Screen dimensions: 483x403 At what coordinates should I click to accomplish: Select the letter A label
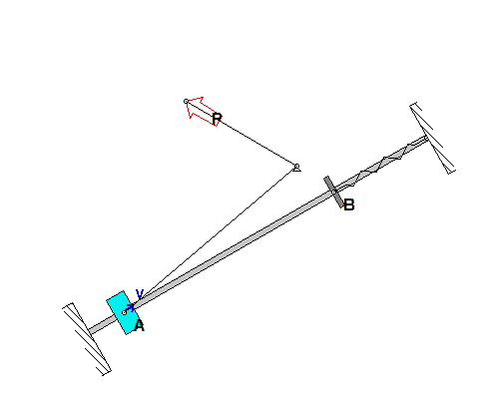click(140, 326)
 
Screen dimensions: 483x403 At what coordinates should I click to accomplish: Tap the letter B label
click(349, 204)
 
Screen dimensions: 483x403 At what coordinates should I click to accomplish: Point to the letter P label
click(217, 119)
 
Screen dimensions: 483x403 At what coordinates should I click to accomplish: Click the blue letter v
click(140, 294)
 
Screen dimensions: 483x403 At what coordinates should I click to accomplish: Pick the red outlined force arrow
click(202, 111)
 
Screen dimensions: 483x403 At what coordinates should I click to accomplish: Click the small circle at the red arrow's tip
click(187, 101)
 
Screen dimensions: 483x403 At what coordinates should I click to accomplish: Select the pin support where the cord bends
click(296, 168)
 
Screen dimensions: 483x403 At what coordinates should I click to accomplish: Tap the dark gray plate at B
click(333, 193)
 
